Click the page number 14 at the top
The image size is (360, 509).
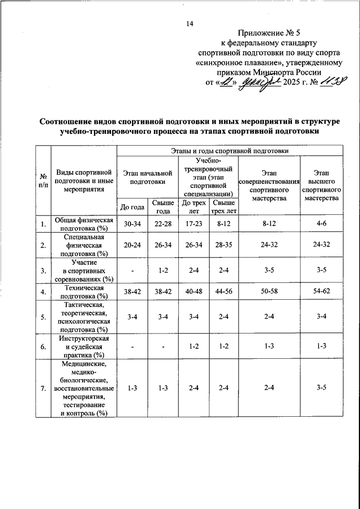(190, 23)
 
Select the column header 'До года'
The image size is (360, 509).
(132, 206)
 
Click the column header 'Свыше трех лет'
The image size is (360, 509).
(224, 206)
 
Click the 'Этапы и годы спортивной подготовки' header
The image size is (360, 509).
(229, 151)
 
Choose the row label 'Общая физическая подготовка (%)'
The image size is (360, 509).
(84, 224)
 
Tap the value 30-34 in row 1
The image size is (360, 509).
(132, 224)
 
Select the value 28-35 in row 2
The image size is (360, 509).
(224, 245)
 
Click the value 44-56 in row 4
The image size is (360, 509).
(224, 292)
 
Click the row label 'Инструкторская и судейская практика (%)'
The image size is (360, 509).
(84, 346)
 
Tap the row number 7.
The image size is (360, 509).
(43, 388)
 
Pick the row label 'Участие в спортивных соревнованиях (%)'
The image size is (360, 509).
(84, 270)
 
